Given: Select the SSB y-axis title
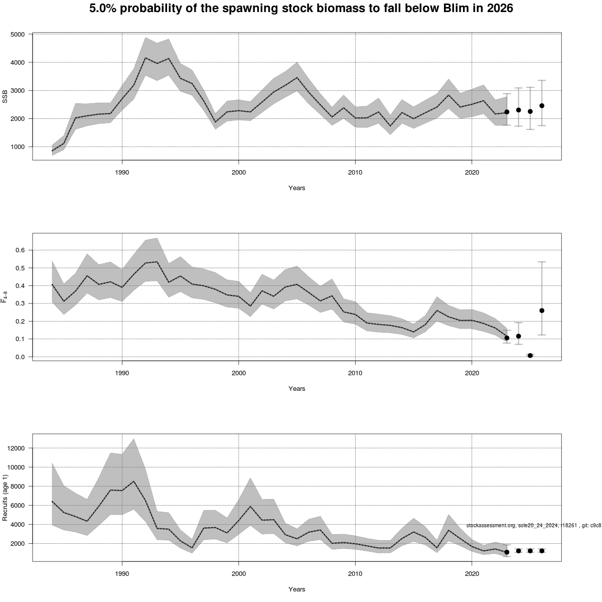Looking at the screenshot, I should pos(6,97).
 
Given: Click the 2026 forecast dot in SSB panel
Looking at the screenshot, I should pos(542,106).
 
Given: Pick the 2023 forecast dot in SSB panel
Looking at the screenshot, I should pos(507,112).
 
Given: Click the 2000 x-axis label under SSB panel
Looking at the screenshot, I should pos(238,173).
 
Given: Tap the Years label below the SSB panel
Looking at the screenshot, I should pos(296,188).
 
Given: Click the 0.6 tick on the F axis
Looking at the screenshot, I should pos(21,250).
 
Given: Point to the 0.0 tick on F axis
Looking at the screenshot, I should pos(21,357).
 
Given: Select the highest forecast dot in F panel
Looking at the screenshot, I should pos(542,311).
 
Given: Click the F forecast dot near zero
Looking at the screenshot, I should pos(530,355).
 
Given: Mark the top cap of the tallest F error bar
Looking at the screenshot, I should pos(542,262).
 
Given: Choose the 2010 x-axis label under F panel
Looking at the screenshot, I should pos(355,373).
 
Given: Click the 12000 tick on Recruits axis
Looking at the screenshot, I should pos(17,448).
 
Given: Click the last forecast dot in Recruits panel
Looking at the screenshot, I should pos(542,551).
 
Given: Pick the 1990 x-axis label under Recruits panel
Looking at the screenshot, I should pos(122,574).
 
